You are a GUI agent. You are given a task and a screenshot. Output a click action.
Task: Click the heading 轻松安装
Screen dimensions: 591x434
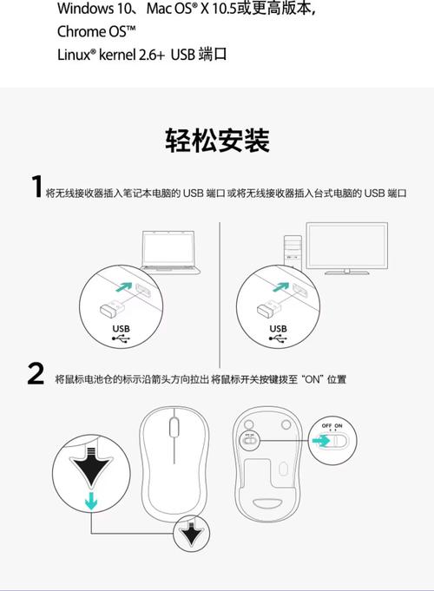click(217, 140)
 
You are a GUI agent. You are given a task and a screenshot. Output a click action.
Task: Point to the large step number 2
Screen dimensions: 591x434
click(36, 375)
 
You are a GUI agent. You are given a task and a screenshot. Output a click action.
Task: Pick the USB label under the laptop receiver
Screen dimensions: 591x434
click(121, 328)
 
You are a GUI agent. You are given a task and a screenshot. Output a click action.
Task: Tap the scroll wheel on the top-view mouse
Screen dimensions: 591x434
click(174, 427)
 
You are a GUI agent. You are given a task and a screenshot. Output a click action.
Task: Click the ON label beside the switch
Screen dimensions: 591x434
click(339, 426)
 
